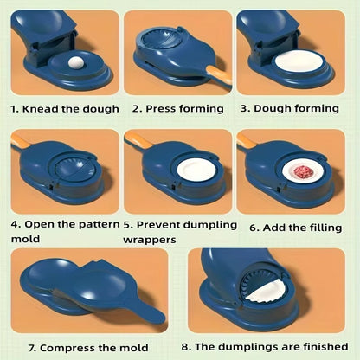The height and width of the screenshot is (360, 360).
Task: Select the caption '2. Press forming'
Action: pyautogui.click(x=177, y=108)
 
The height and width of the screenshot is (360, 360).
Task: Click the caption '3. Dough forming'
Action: pyautogui.click(x=293, y=108)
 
